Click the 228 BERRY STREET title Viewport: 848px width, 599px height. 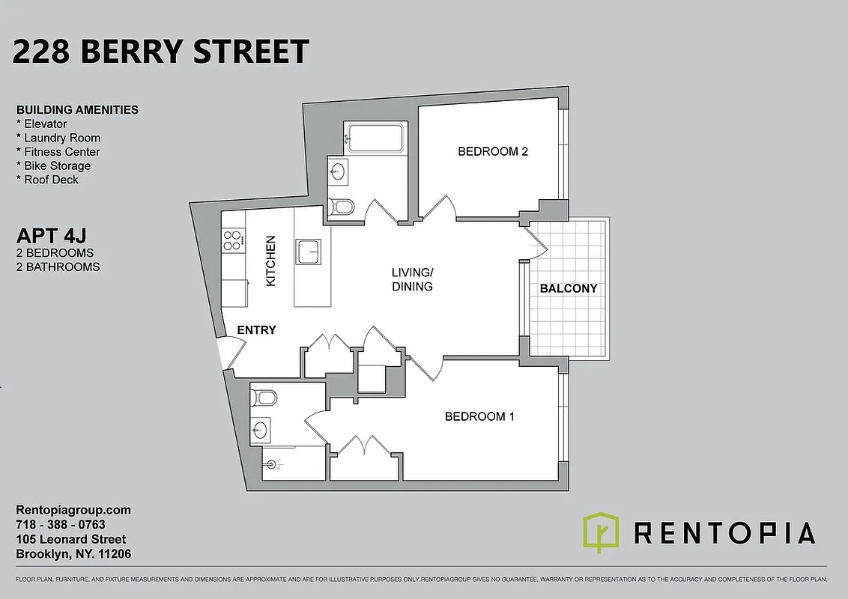click(161, 52)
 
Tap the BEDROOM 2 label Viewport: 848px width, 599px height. click(493, 151)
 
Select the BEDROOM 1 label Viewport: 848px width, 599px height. click(479, 416)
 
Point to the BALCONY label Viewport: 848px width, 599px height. click(569, 288)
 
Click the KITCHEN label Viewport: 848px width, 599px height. click(271, 261)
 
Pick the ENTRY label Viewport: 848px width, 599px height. click(256, 329)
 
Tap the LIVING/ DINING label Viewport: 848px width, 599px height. click(412, 279)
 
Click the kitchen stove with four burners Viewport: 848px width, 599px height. click(233, 240)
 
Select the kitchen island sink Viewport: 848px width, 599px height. click(309, 252)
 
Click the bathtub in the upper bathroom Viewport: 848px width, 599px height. click(375, 138)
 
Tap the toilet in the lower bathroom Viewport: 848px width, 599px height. click(264, 397)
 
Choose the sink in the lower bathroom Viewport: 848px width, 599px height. click(260, 429)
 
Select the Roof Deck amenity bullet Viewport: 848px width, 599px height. click(47, 180)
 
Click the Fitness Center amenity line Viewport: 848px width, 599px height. click(58, 152)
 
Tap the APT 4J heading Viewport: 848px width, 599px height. click(49, 237)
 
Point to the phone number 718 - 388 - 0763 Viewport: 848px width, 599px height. click(61, 525)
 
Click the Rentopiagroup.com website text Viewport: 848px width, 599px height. click(73, 510)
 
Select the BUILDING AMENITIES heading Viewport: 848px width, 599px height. click(77, 109)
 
